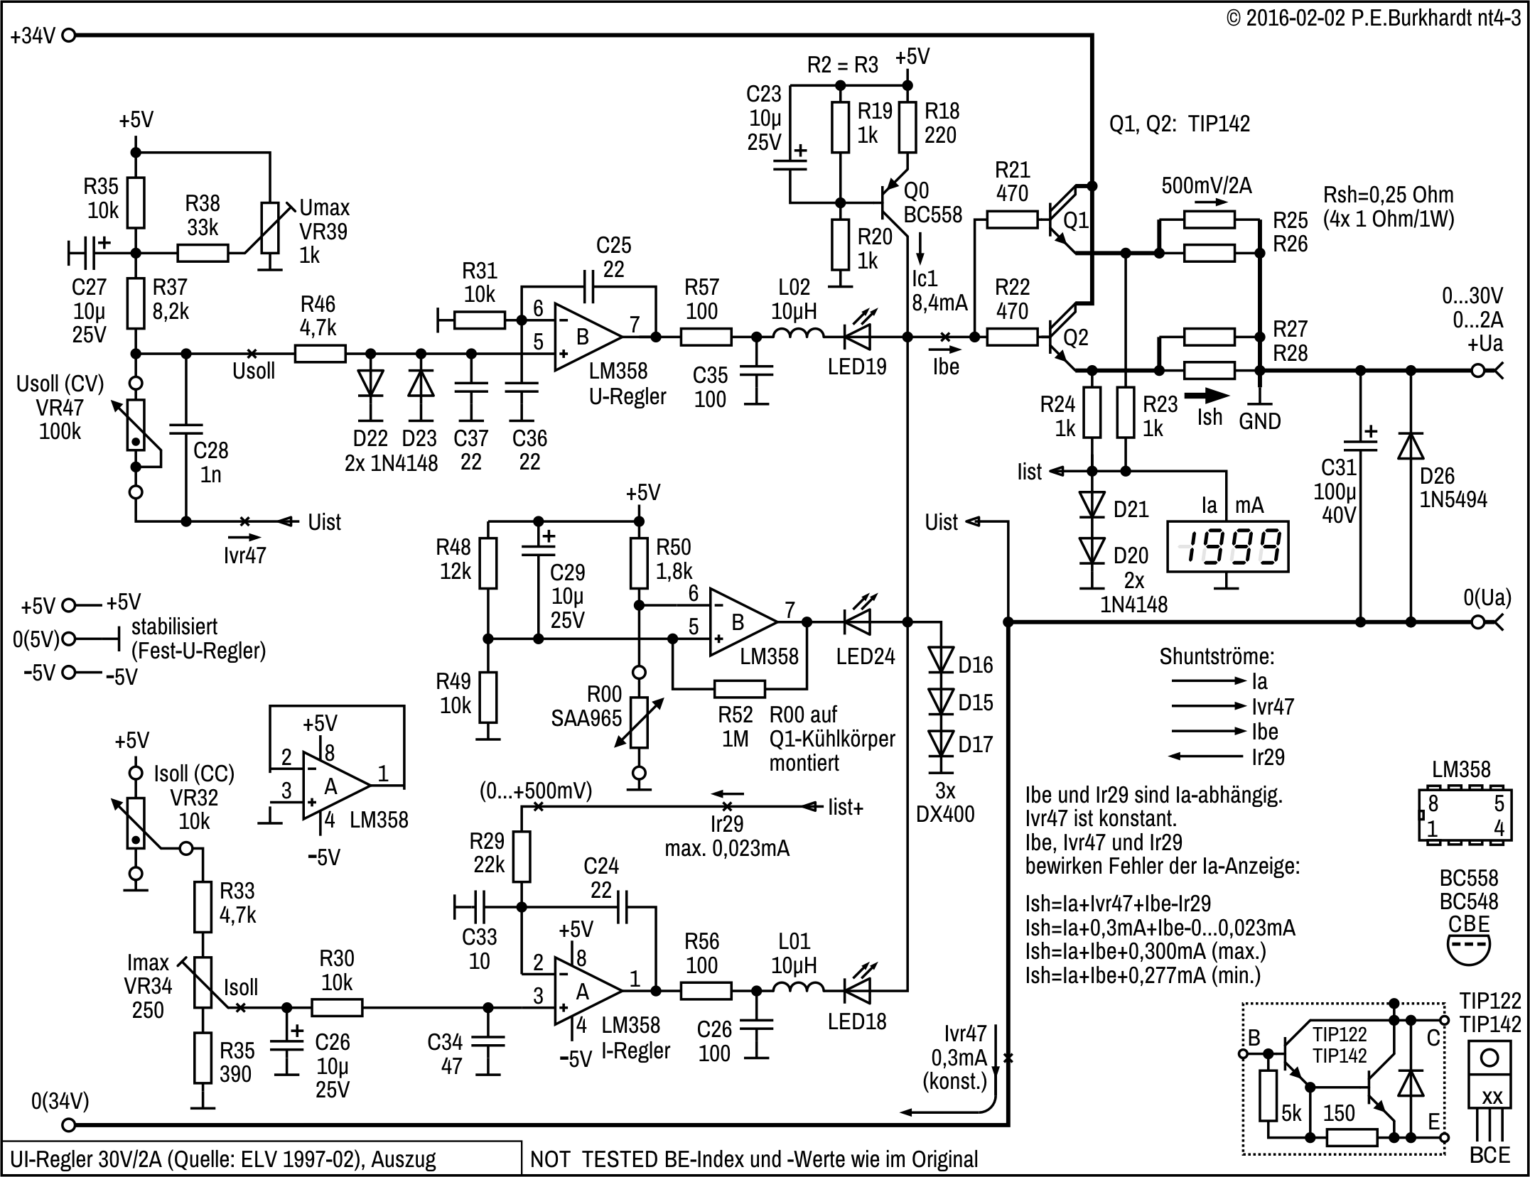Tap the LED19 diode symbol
[857, 337]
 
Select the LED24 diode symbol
[857, 622]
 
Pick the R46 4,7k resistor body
[320, 354]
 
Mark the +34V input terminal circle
[69, 35]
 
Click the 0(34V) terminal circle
[69, 1124]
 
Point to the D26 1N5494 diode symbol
[1411, 446]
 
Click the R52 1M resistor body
[740, 688]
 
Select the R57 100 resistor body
[706, 337]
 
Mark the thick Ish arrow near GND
[1206, 396]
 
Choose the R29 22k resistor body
[522, 856]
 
